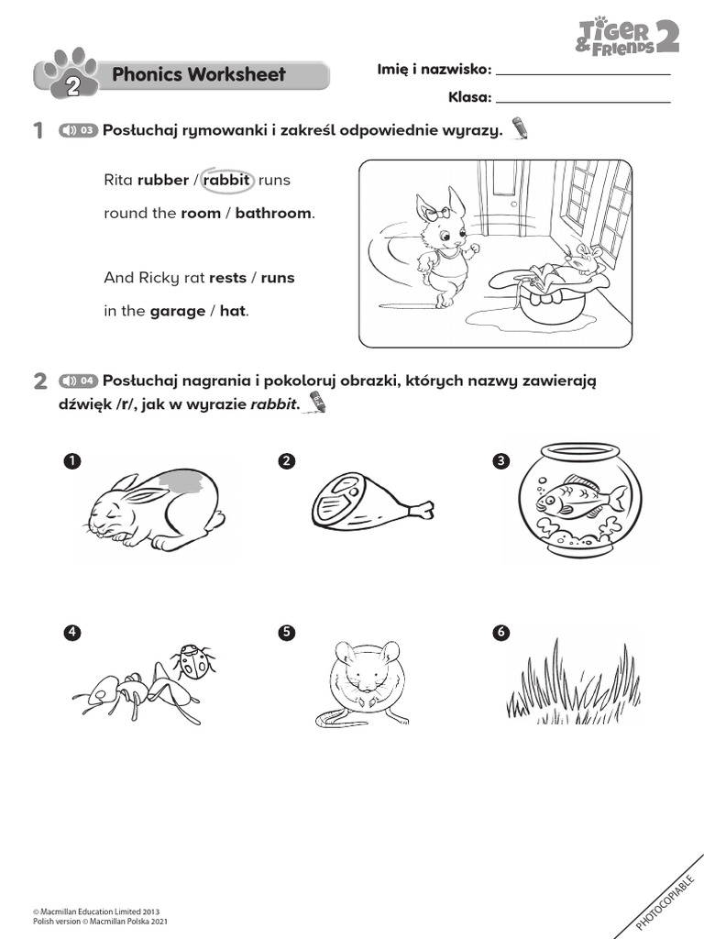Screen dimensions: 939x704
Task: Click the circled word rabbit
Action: (225, 181)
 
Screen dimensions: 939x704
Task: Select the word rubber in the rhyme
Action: (162, 181)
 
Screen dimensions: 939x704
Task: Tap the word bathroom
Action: (273, 214)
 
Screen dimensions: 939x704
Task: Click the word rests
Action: (227, 278)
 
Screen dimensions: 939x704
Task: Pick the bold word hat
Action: (233, 311)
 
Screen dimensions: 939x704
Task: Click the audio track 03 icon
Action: (78, 131)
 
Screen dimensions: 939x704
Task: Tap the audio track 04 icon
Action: (78, 381)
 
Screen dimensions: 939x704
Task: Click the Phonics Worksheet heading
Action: (198, 75)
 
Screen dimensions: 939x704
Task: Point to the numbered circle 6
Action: (500, 632)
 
